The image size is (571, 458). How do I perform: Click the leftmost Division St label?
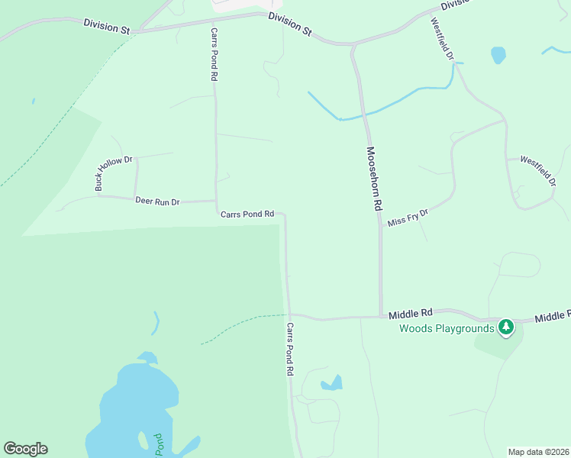pyautogui.click(x=106, y=27)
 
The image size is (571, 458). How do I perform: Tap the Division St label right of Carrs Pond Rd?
pyautogui.click(x=291, y=24)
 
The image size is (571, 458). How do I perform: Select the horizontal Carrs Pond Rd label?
pyautogui.click(x=247, y=214)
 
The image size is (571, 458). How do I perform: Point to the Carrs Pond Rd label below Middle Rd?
pyautogui.click(x=290, y=349)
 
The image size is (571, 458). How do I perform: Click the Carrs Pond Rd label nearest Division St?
pyautogui.click(x=215, y=56)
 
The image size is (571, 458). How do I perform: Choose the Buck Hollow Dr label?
pyautogui.click(x=115, y=173)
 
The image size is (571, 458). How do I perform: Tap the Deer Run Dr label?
pyautogui.click(x=156, y=202)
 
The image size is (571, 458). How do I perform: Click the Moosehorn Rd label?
pyautogui.click(x=373, y=179)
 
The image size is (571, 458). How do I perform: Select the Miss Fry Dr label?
pyautogui.click(x=408, y=218)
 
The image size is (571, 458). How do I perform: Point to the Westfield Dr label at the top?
pyautogui.click(x=442, y=40)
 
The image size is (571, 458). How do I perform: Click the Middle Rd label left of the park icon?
pyautogui.click(x=411, y=313)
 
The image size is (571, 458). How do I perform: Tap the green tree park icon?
pyautogui.click(x=505, y=327)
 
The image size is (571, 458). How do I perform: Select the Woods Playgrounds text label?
pyautogui.click(x=447, y=329)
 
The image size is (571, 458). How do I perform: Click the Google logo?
pyautogui.click(x=25, y=449)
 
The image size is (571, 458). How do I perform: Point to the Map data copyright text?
pyautogui.click(x=537, y=452)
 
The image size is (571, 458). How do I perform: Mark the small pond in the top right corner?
pyautogui.click(x=498, y=55)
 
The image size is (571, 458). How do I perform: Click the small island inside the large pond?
pyautogui.click(x=142, y=440)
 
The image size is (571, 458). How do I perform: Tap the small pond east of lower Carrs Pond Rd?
pyautogui.click(x=332, y=383)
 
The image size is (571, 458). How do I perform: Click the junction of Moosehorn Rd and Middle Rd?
pyautogui.click(x=381, y=316)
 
